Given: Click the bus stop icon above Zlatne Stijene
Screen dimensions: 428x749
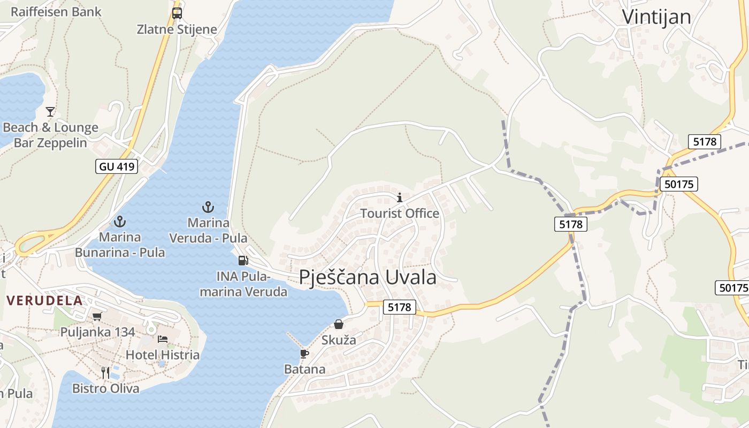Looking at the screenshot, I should click(x=177, y=13).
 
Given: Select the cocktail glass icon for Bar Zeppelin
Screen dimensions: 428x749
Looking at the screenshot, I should click(x=50, y=112).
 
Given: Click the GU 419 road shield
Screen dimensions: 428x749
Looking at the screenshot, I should click(x=117, y=166).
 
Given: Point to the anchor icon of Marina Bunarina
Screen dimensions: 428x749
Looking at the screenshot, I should click(x=120, y=221).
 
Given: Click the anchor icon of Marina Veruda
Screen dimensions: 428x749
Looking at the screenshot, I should click(x=208, y=207).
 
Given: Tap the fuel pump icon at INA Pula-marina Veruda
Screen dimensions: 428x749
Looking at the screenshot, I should click(x=243, y=261).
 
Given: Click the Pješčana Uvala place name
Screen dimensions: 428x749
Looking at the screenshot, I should click(x=368, y=277).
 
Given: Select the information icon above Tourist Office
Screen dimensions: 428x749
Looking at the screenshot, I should click(x=399, y=198).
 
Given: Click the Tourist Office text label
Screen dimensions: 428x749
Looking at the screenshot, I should click(x=400, y=213).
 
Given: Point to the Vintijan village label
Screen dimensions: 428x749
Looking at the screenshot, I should click(x=656, y=17).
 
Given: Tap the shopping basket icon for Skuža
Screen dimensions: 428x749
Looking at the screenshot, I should click(x=339, y=324).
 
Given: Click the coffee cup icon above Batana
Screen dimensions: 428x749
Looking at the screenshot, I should click(x=304, y=354).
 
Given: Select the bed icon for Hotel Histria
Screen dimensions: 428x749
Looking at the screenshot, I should click(x=163, y=339).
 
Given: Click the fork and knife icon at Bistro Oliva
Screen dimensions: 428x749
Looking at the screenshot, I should click(x=105, y=372).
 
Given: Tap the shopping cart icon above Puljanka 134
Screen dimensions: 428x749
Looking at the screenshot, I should click(x=97, y=317).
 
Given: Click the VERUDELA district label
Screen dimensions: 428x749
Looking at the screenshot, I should click(x=45, y=300).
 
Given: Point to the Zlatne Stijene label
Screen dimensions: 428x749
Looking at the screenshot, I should click(x=177, y=29).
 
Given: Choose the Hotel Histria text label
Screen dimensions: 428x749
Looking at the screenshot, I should click(x=163, y=355).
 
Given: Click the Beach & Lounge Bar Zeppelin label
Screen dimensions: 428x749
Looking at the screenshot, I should click(x=50, y=135).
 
